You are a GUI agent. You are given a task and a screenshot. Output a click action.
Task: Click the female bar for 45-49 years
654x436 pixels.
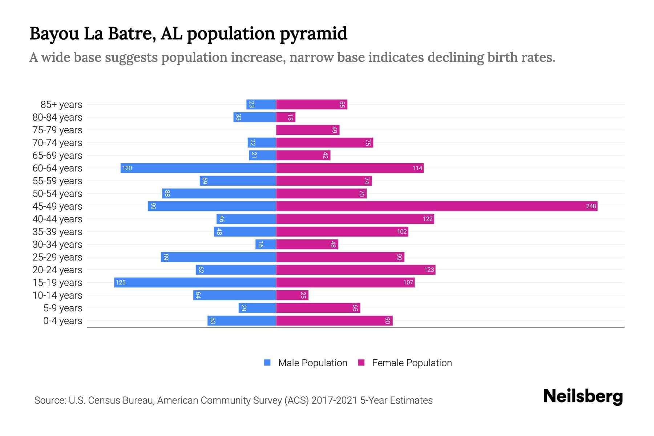pos(436,206)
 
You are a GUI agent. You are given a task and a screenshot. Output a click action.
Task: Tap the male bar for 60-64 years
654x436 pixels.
pos(198,168)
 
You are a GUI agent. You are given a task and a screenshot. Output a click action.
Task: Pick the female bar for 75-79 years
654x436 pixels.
pos(307,130)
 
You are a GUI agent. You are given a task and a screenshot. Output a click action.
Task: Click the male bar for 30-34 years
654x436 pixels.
pos(266,244)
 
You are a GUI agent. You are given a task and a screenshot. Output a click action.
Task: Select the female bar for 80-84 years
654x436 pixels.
pos(286,117)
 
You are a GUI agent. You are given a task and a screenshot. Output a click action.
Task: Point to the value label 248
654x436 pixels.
pos(591,206)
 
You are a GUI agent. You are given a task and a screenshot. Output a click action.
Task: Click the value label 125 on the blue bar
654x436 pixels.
pos(121,282)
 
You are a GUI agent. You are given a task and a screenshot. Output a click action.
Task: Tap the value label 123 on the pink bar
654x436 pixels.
pos(429,270)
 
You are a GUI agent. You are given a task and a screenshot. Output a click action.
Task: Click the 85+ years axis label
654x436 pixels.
pos(61,105)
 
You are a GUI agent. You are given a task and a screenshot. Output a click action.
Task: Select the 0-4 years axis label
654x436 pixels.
pos(63,321)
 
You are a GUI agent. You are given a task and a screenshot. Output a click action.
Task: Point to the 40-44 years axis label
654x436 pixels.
pos(57,219)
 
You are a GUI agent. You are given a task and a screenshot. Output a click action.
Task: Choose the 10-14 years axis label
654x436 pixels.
pos(57,295)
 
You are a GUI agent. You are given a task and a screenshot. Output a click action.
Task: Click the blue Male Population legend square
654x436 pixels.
pos(267,363)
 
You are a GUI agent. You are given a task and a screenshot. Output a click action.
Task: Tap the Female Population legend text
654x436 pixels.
pos(412,363)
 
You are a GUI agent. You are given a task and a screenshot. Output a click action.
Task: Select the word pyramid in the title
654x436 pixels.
pos(314,34)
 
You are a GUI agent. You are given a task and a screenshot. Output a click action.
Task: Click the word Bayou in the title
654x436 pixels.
pos(54,34)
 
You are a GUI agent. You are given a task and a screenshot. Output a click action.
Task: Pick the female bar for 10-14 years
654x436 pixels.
pos(292,295)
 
